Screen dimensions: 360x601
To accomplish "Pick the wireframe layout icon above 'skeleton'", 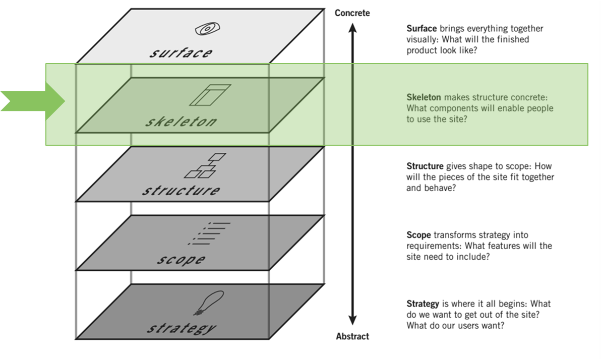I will pyautogui.click(x=209, y=95).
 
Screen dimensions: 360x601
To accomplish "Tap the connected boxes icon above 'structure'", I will pyautogui.click(x=201, y=166).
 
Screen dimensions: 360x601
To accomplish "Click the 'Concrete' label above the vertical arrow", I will pyautogui.click(x=352, y=13).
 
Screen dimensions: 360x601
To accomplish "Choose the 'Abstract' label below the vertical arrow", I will pyautogui.click(x=352, y=336).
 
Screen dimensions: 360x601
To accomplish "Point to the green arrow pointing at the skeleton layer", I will pyautogui.click(x=33, y=101).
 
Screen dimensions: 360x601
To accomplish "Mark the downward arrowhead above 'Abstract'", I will pyautogui.click(x=352, y=321).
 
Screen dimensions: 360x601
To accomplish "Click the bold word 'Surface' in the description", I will pyautogui.click(x=422, y=29).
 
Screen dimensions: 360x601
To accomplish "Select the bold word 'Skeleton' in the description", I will pyautogui.click(x=424, y=97).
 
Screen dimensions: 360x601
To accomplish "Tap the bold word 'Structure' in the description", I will pyautogui.click(x=425, y=166).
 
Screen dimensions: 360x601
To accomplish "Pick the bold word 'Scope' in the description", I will pyautogui.click(x=418, y=235).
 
